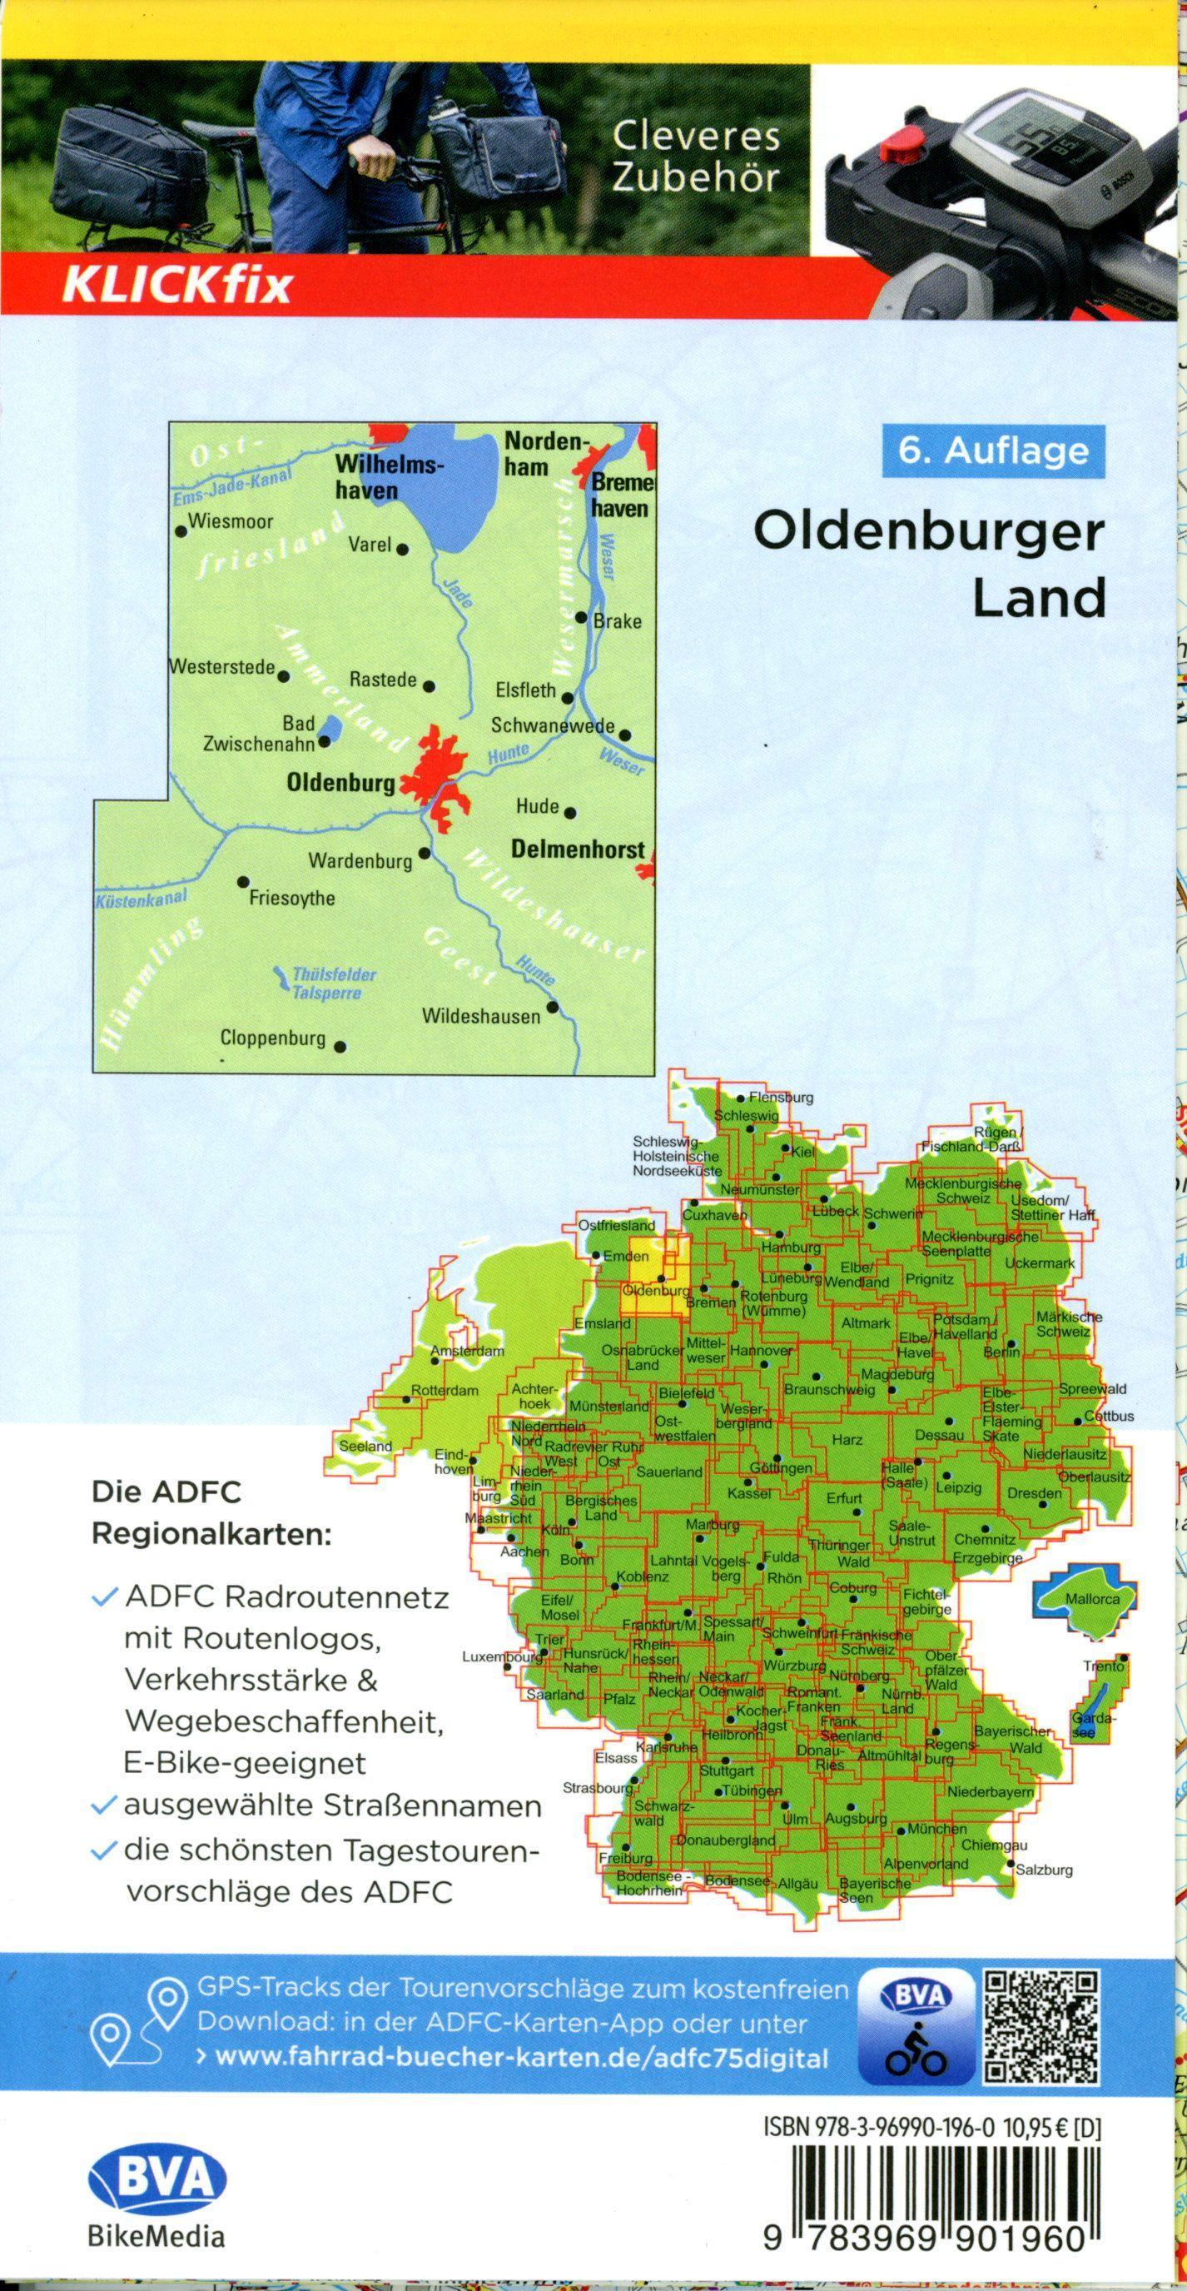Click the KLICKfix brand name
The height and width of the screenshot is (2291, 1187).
coord(175,286)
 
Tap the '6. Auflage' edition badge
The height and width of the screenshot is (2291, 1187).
coord(993,450)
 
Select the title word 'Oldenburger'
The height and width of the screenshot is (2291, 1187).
coord(929,535)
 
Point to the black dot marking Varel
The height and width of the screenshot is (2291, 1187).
coord(402,549)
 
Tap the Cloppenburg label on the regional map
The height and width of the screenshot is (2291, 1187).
coord(273,1038)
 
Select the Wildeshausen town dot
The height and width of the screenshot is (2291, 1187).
coord(553,1008)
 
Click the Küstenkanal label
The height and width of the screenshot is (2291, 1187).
coord(141,899)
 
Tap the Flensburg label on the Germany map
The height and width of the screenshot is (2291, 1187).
coord(781,1098)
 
